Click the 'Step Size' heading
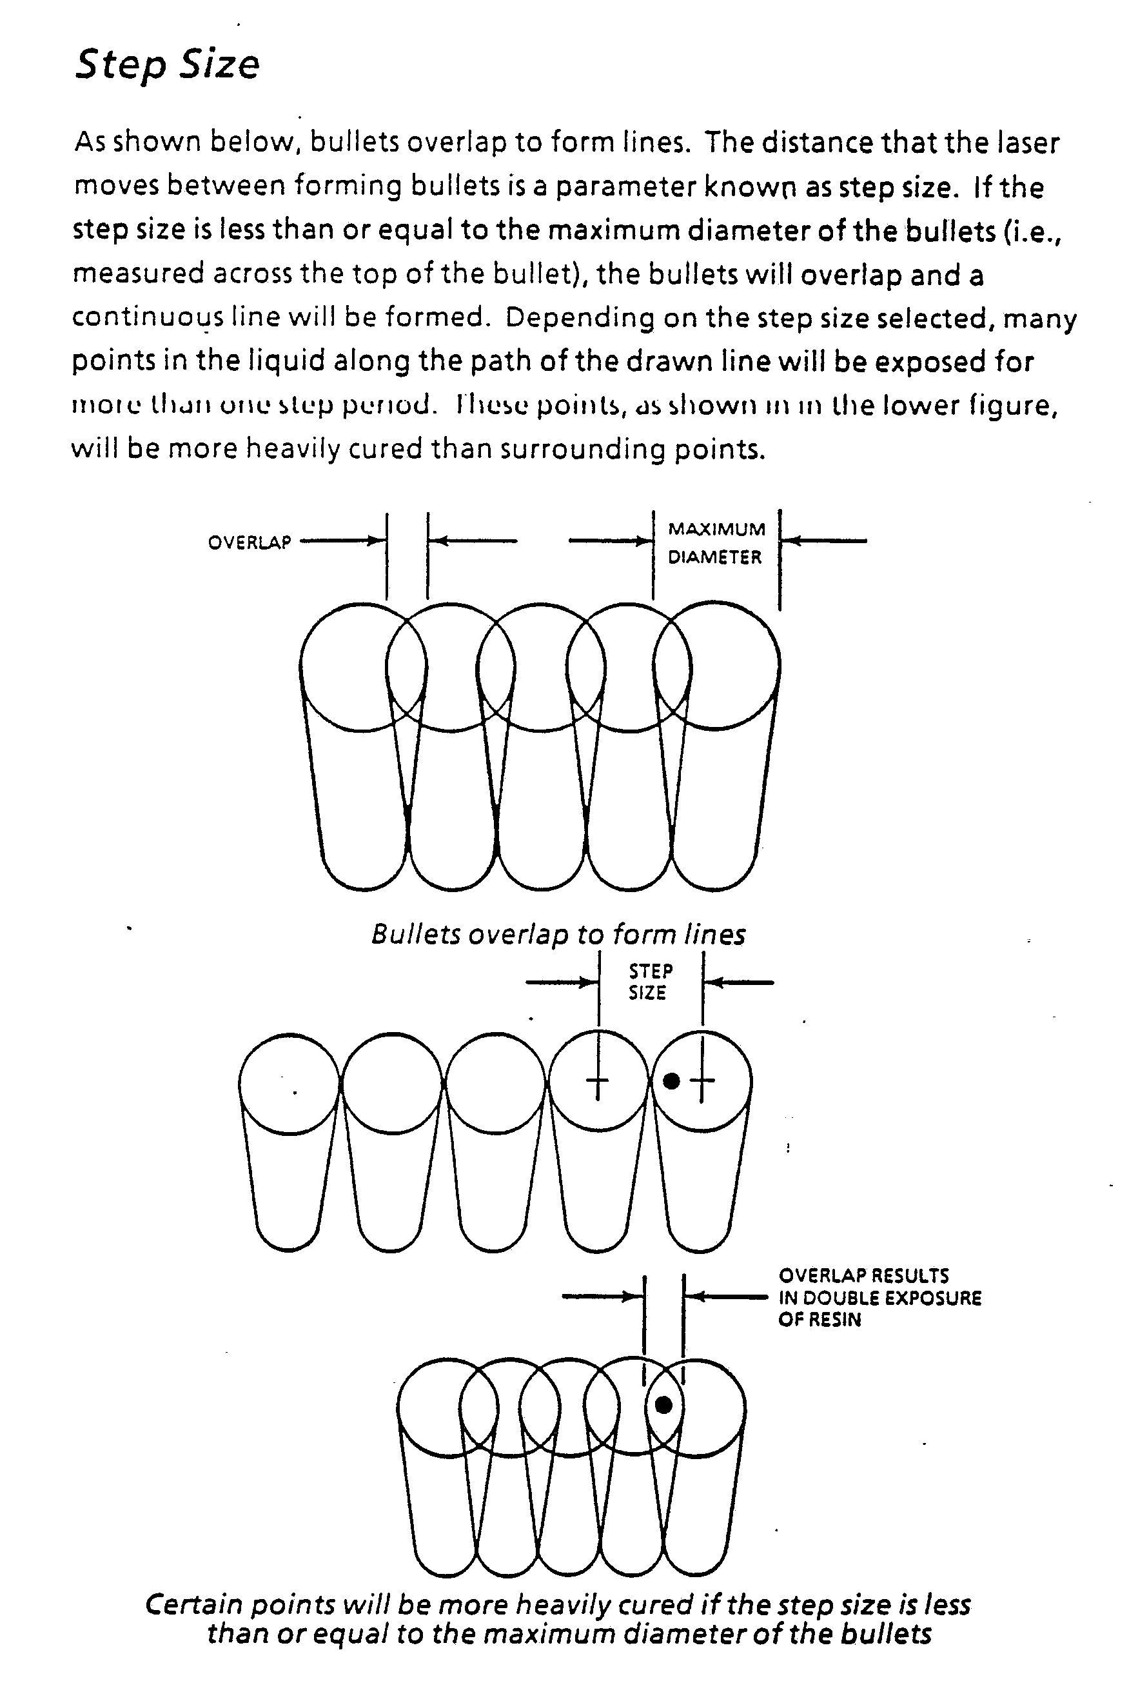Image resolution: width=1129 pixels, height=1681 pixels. [x=167, y=65]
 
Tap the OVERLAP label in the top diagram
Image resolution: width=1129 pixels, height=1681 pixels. [x=249, y=542]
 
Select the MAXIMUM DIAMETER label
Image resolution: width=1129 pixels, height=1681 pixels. [x=716, y=543]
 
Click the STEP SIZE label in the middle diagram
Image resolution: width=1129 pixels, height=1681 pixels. [x=649, y=982]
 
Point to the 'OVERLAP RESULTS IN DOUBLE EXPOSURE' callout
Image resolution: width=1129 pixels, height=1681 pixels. [x=879, y=1297]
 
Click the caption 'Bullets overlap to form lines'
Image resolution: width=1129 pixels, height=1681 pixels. [x=558, y=934]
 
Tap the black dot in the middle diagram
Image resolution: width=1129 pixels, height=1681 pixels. [x=671, y=1080]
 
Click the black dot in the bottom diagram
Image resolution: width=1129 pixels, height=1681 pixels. [x=664, y=1404]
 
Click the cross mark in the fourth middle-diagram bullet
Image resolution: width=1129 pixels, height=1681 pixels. [x=598, y=1080]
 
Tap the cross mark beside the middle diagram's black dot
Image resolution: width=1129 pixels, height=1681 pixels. [x=702, y=1080]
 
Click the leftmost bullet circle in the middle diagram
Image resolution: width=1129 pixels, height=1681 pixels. [x=289, y=1083]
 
